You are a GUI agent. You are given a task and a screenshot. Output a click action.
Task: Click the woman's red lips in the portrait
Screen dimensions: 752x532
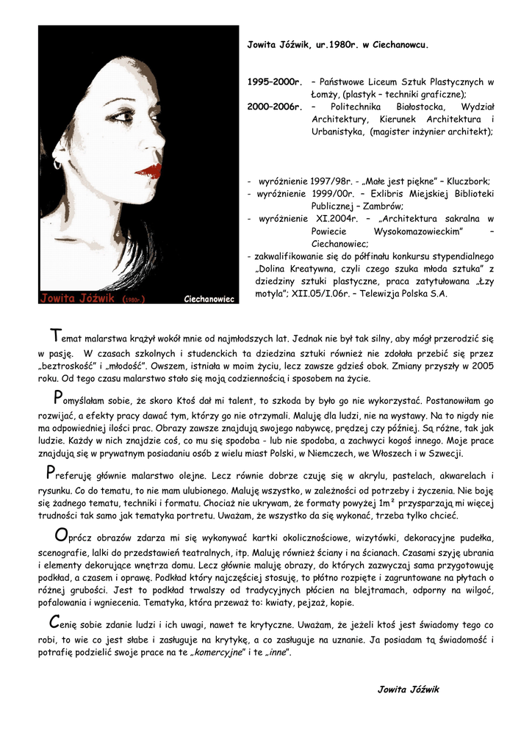(149, 170)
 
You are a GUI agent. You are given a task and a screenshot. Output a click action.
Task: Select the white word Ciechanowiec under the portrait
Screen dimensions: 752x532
(209, 299)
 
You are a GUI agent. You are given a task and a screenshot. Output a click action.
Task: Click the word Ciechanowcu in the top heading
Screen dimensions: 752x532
(400, 45)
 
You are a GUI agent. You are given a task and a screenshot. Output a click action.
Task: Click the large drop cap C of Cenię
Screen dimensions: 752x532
(45, 622)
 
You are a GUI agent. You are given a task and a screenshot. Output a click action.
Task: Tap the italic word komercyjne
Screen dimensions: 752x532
(218, 653)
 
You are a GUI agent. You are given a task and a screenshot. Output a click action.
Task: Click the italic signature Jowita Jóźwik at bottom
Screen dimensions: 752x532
(408, 690)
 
